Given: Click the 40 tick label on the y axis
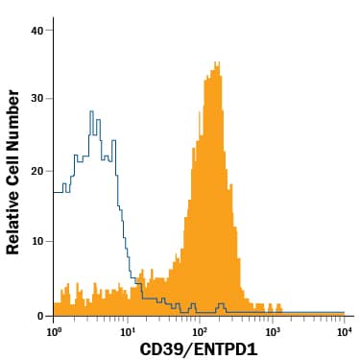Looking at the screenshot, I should tap(36, 31).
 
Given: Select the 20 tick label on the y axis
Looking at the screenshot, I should tap(36, 171).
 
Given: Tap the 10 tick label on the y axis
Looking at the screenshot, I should tap(36, 241).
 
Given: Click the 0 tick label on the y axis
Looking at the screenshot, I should tap(39, 315).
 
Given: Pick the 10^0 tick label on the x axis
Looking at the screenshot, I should tap(54, 331).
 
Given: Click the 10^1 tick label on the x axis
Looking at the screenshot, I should tap(127, 331).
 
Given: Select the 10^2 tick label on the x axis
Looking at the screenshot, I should tap(200, 331).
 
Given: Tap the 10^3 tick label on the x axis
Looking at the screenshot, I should tap(272, 331).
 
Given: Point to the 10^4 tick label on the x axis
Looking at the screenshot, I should tap(344, 331).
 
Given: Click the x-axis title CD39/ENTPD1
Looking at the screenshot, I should tap(200, 349).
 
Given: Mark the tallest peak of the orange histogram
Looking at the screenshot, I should tap(217, 64).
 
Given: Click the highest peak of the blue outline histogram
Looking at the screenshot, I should tap(91, 112).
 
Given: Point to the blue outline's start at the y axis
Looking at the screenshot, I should tap(55, 192).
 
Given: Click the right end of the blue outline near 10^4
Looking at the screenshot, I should tap(343, 312).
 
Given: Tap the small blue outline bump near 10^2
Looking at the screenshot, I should tap(222, 305).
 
